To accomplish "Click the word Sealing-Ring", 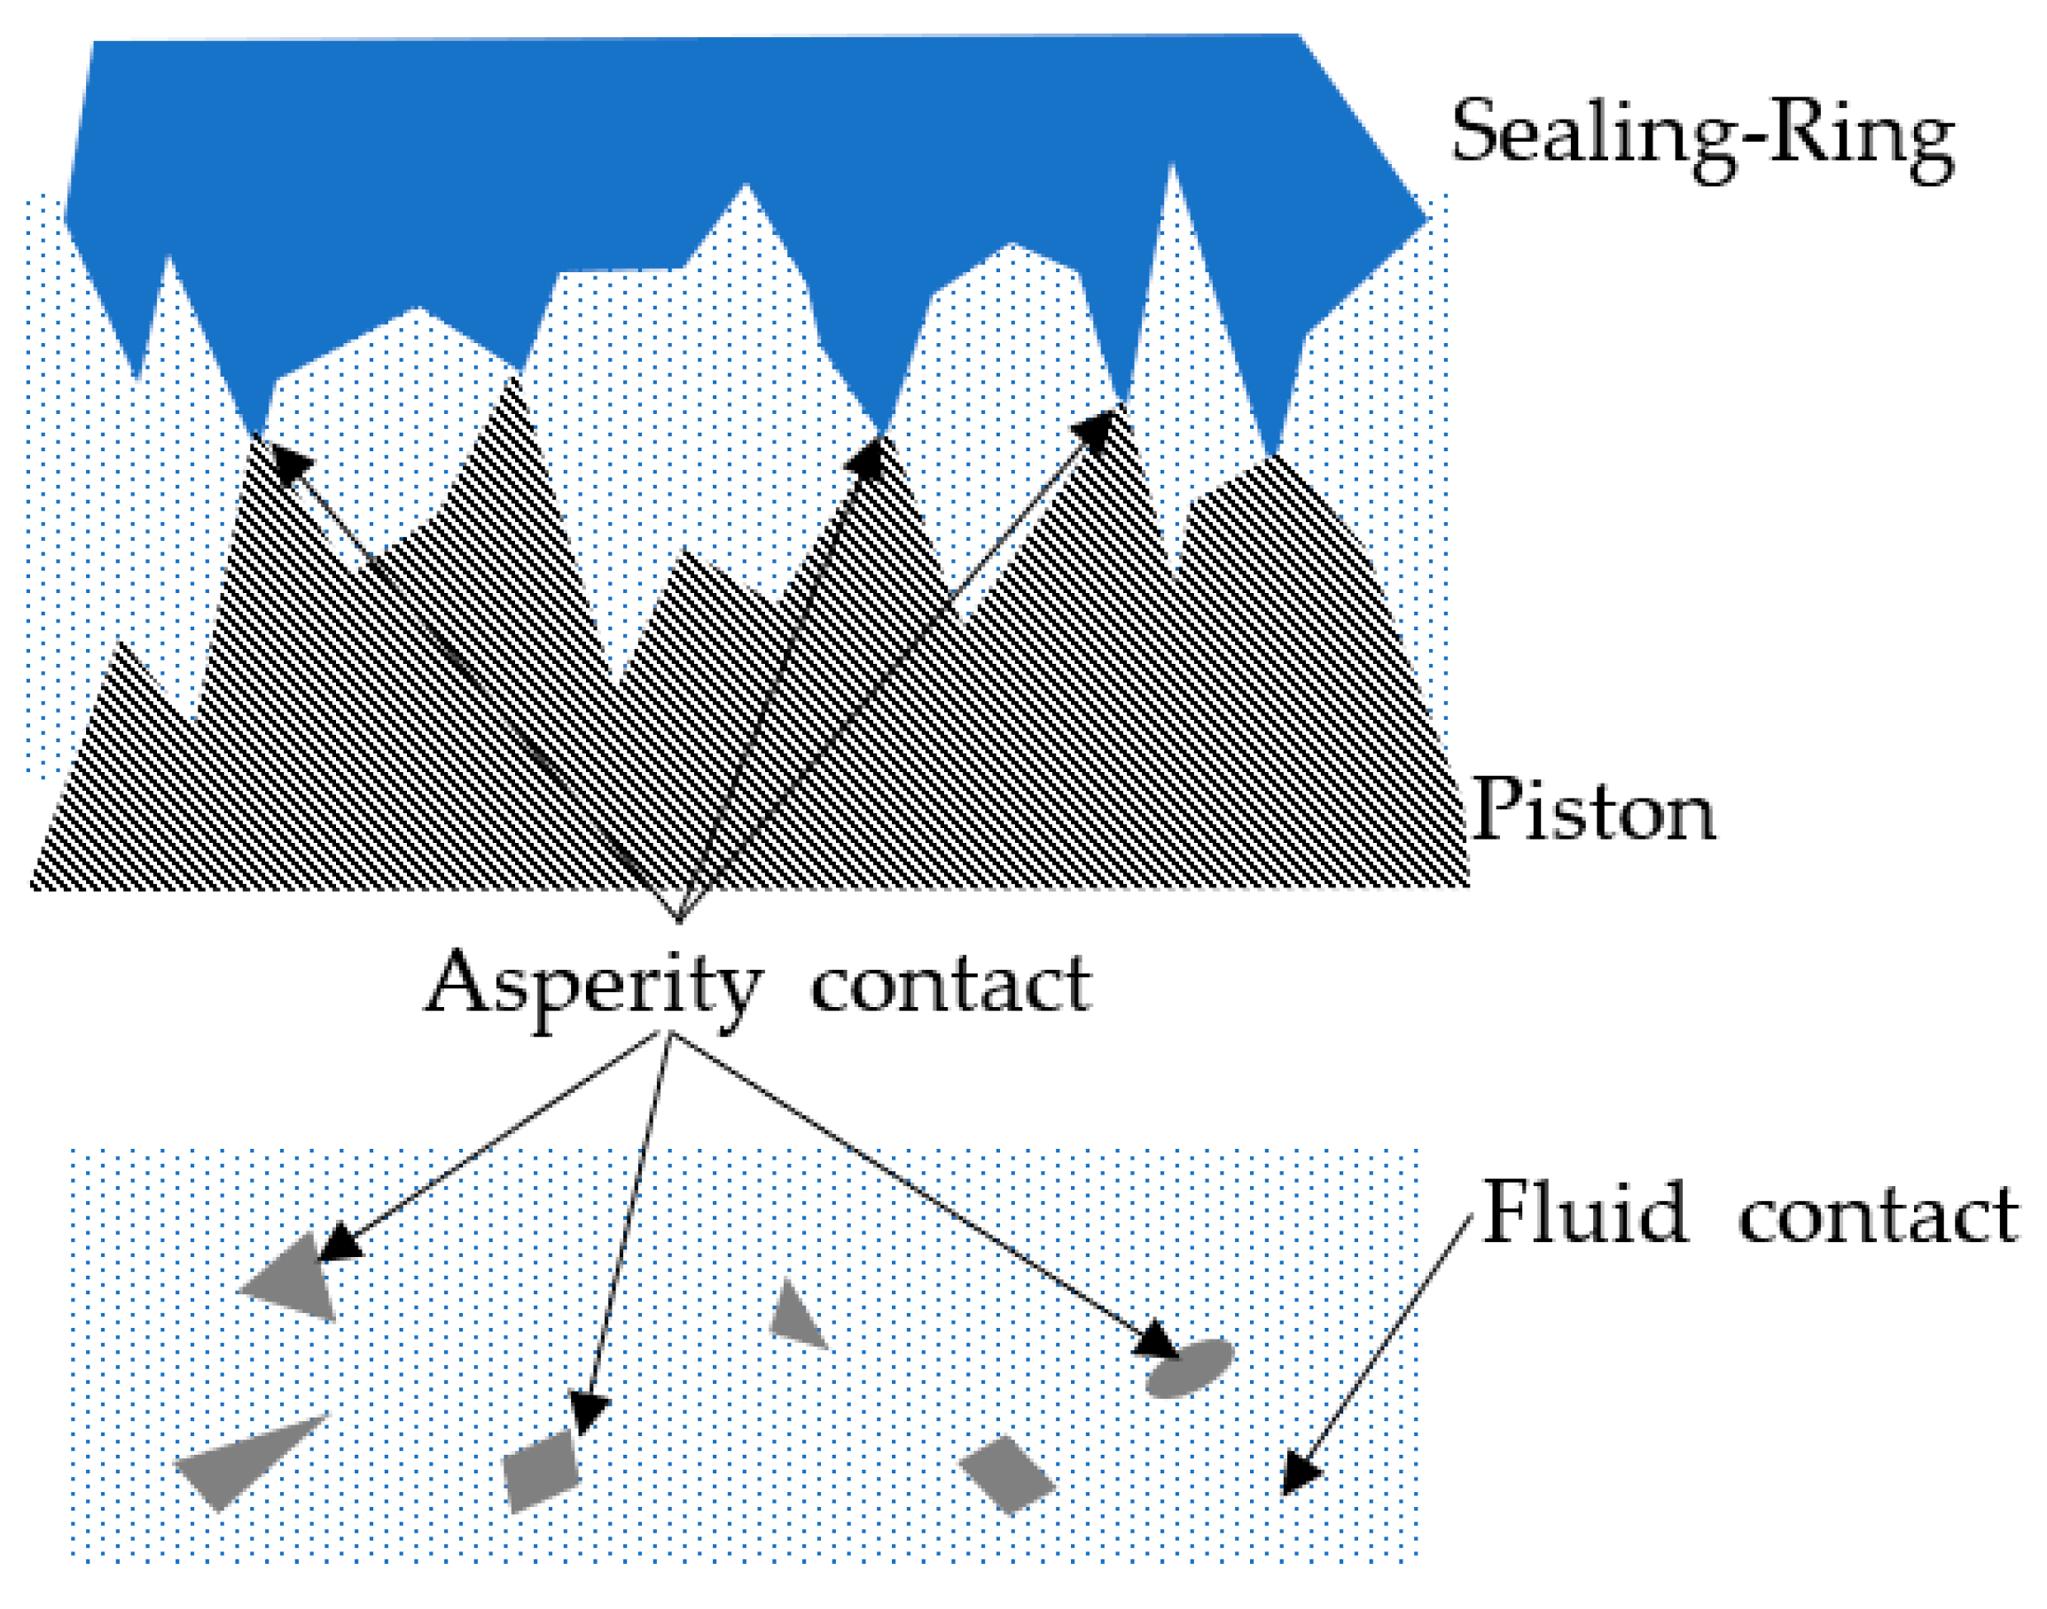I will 1701,141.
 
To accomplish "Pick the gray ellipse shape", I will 1190,1367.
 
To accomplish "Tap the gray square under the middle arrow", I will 540,1470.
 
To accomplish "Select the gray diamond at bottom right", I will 1007,1474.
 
